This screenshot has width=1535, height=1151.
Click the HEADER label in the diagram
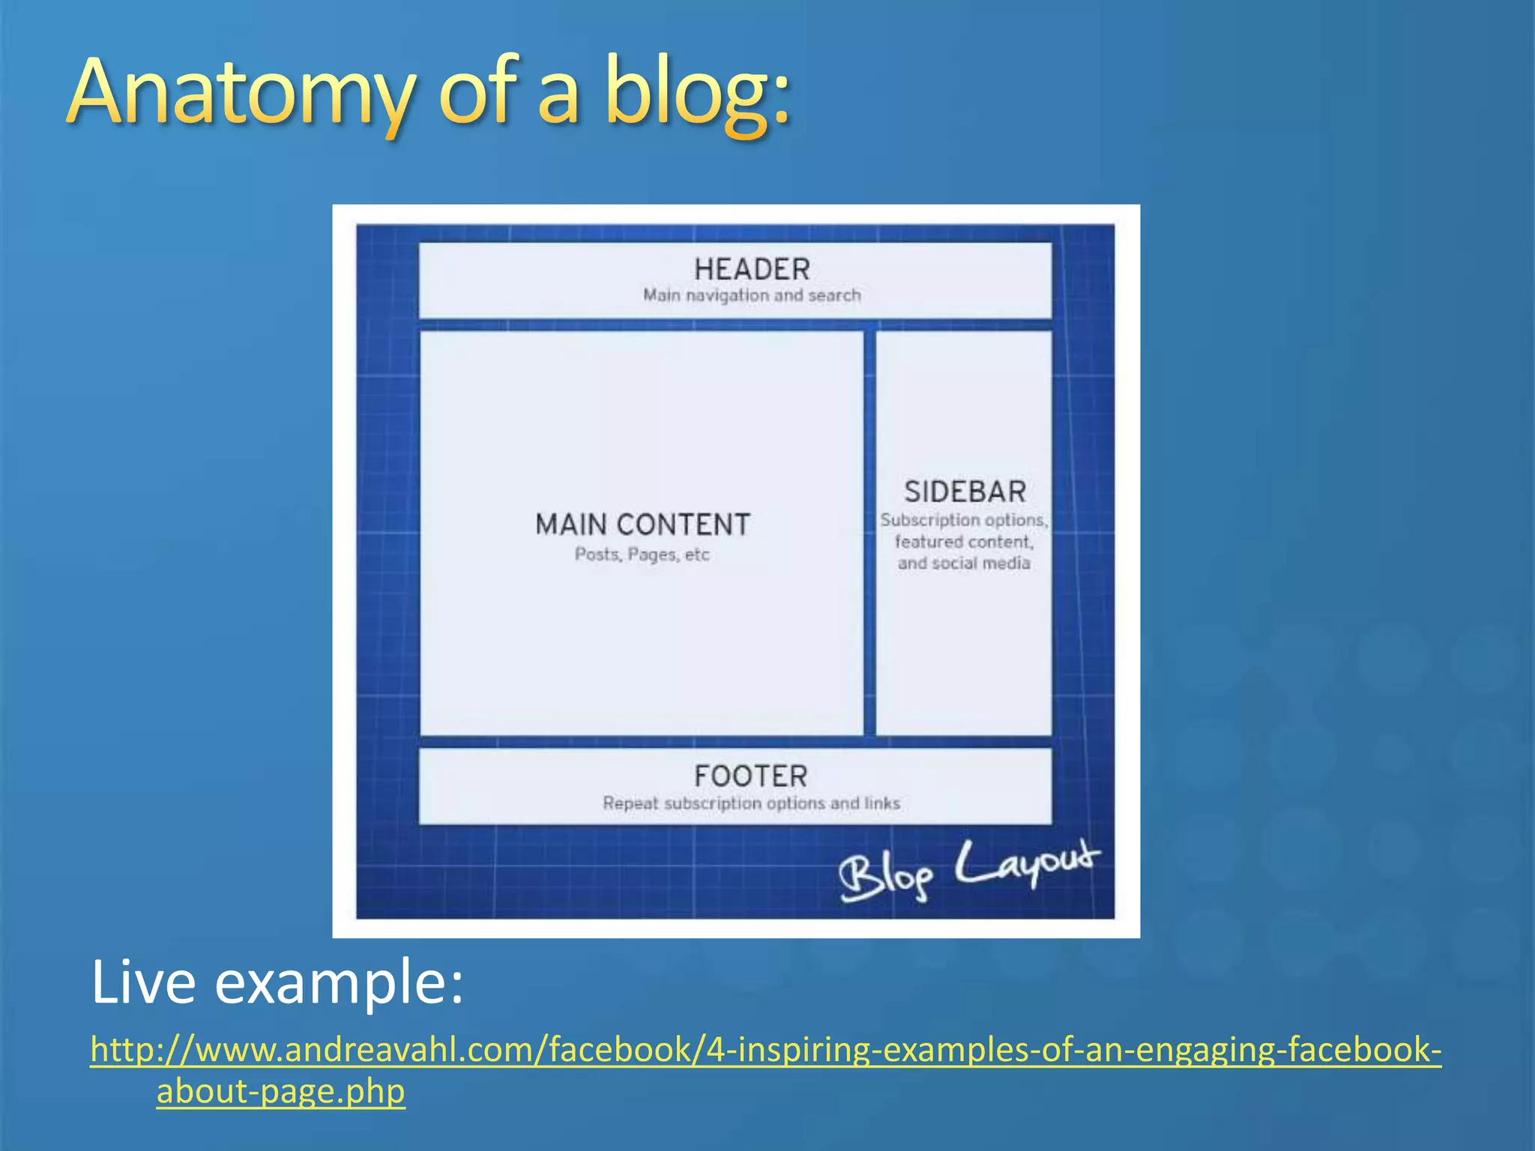(x=752, y=269)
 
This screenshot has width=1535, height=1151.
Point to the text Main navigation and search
(x=752, y=295)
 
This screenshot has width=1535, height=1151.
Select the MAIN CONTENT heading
(x=642, y=525)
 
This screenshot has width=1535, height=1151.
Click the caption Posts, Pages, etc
(x=642, y=555)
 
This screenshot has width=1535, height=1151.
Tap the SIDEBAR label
(x=965, y=492)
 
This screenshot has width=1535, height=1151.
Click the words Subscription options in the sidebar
(x=963, y=520)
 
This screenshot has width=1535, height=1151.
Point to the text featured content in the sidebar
(x=963, y=542)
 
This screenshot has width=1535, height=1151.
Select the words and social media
(x=964, y=564)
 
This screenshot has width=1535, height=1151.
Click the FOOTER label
(x=751, y=776)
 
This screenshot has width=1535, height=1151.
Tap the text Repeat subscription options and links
(x=751, y=803)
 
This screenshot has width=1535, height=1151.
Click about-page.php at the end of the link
(x=280, y=1091)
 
